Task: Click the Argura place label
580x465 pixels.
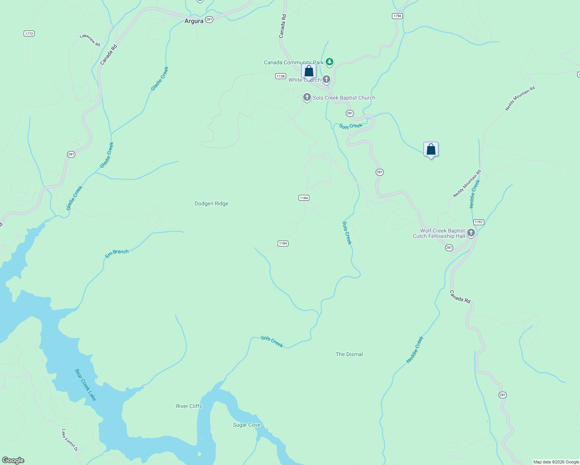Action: point(194,21)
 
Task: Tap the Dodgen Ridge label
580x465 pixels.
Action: point(211,204)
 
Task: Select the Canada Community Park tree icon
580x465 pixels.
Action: point(329,62)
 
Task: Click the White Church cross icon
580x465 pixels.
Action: point(326,79)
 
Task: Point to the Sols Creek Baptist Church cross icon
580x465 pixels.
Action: point(307,97)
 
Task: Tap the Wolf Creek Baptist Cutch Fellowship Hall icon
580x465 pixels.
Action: point(471,233)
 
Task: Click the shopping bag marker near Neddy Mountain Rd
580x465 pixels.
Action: point(431,150)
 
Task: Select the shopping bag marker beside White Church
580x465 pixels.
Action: point(309,72)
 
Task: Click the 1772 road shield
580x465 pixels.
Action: point(29,34)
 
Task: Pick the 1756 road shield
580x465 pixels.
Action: point(397,16)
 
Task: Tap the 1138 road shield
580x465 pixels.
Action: point(281,76)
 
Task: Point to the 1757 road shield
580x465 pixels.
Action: point(479,222)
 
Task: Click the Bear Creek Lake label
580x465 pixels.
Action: point(85,385)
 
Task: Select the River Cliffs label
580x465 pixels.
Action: point(189,406)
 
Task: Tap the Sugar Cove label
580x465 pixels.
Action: point(247,425)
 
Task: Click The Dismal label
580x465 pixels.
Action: point(349,354)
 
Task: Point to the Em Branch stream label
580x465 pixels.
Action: point(117,253)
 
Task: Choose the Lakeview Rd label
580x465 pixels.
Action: point(90,40)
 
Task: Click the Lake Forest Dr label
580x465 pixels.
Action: point(70,440)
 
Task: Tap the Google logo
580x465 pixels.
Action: point(13,460)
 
